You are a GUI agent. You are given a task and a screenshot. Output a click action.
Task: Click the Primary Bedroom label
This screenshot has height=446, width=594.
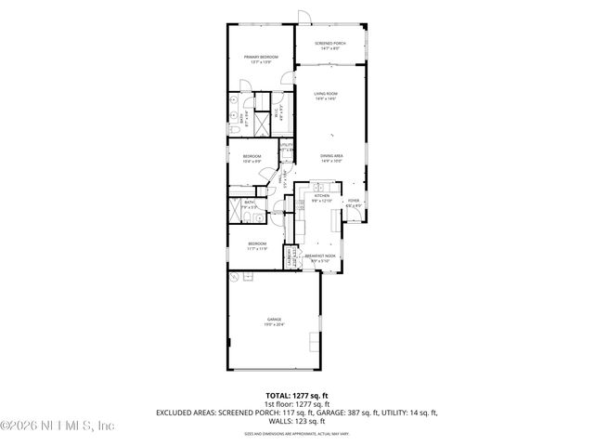coord(261,59)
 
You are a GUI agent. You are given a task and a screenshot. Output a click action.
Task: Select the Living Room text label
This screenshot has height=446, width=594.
coord(325,96)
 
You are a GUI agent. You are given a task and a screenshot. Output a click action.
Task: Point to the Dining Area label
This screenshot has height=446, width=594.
coord(332,157)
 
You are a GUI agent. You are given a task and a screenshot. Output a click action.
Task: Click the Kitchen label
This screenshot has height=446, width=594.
coord(322,198)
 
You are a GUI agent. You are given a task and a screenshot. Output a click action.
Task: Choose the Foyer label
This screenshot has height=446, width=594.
coord(353,202)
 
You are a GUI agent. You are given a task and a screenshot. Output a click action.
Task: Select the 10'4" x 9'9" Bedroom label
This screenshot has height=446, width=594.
coord(252,157)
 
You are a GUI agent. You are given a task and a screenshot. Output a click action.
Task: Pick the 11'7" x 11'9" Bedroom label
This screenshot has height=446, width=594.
coord(257,246)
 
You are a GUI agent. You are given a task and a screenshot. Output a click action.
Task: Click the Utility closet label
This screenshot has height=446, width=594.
coord(287,146)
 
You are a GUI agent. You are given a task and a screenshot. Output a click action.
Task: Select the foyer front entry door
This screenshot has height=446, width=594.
coord(354,218)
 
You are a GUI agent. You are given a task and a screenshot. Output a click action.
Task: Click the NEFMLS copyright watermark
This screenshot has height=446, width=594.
coord(58,426)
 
